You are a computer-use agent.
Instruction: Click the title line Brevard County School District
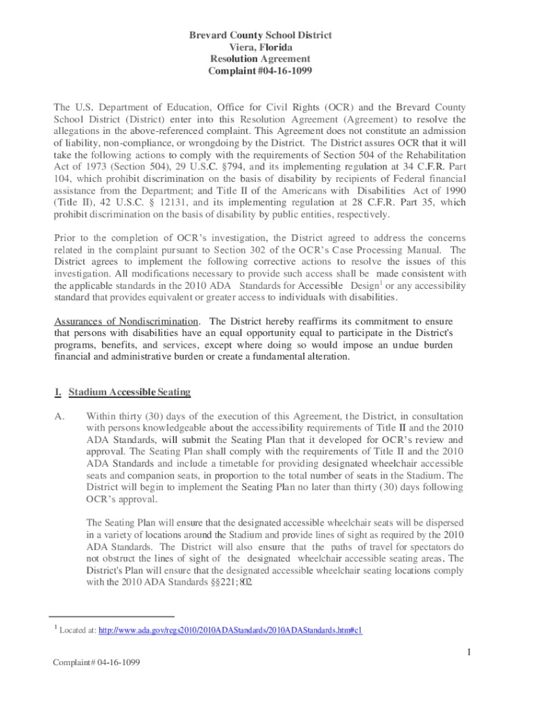[267, 35]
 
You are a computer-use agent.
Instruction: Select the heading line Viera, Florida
[267, 47]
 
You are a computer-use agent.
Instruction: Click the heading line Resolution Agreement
[267, 60]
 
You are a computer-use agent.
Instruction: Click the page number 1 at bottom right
[469, 652]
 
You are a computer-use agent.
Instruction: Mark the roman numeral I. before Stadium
[58, 392]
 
